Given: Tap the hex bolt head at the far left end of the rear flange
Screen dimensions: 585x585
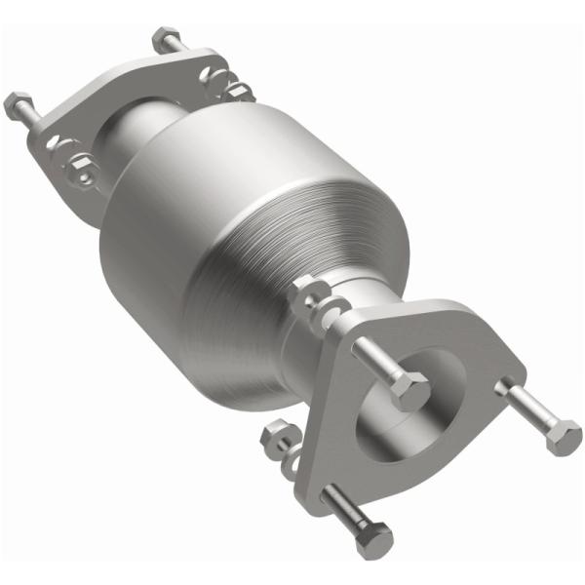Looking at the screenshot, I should [x=17, y=102].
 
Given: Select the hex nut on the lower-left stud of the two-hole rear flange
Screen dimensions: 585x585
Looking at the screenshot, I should [x=79, y=172].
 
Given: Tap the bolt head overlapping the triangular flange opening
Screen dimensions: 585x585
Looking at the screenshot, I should [x=411, y=392].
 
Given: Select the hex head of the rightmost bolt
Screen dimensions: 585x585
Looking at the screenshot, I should [x=564, y=436].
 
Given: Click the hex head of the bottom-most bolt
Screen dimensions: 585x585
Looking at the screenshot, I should [x=375, y=539].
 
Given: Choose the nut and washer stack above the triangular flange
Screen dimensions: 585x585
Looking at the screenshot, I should [x=314, y=297].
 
